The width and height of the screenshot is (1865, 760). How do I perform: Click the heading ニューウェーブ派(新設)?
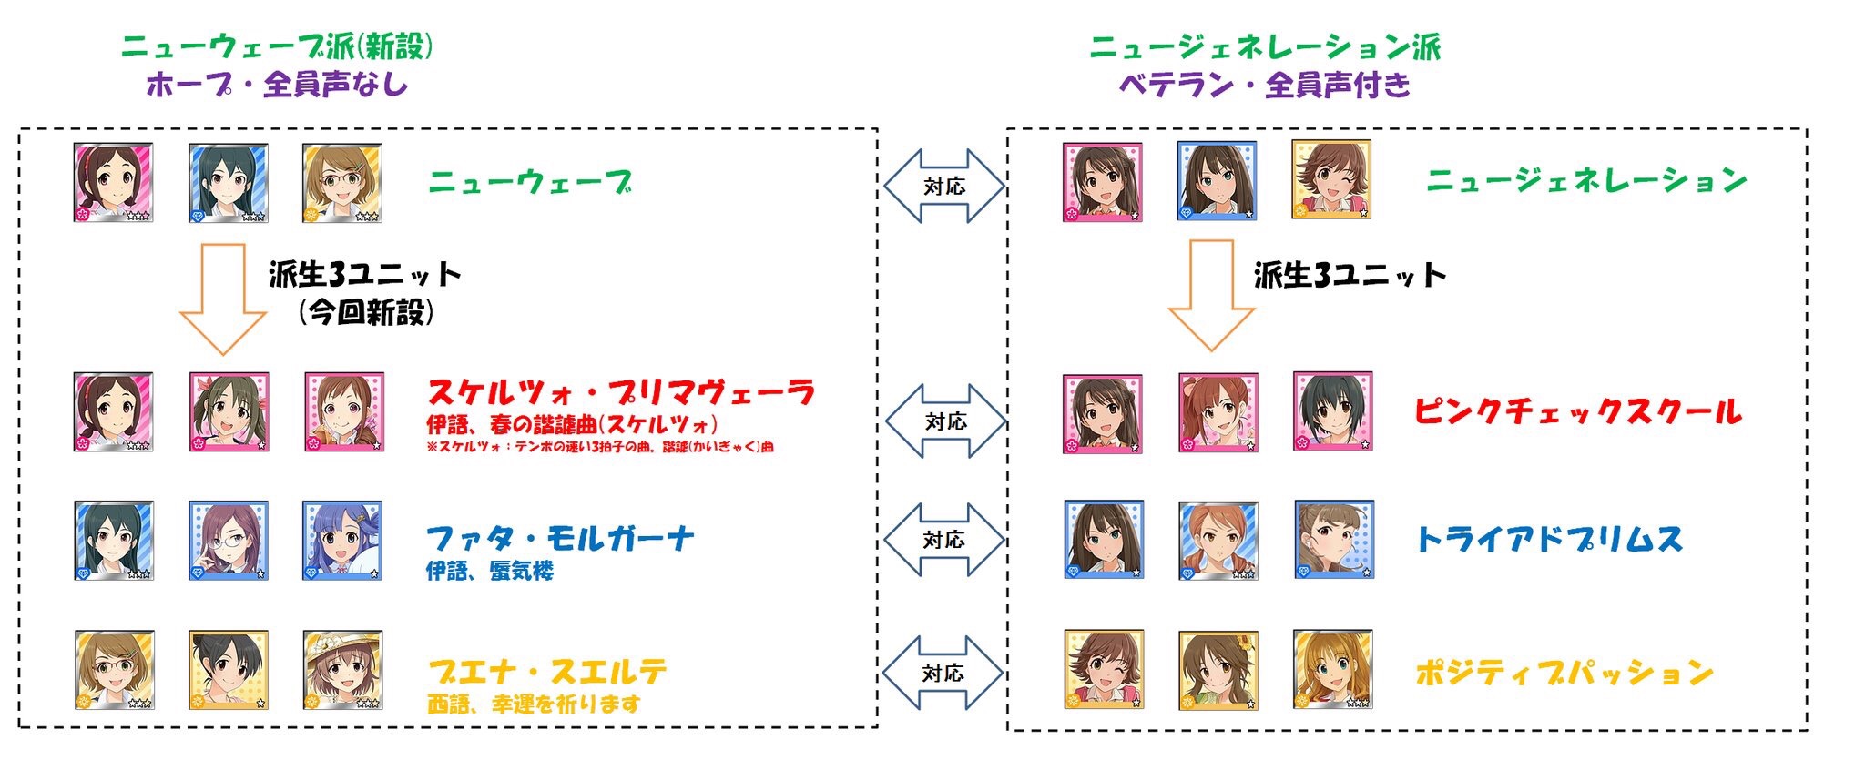277,46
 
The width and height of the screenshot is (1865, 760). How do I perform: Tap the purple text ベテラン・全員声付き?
1265,85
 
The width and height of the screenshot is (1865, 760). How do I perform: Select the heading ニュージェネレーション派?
1266,46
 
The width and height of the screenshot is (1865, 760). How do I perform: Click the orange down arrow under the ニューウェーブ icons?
223,299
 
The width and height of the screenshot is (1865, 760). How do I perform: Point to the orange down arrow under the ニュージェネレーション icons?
1211,296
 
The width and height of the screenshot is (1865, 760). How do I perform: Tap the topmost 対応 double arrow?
943,187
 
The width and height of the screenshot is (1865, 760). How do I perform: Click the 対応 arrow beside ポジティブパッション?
943,673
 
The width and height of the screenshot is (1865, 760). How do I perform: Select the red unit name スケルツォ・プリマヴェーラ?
621,393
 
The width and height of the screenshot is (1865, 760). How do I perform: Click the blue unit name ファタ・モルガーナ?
560,539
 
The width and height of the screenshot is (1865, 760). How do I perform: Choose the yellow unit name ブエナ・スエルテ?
547,673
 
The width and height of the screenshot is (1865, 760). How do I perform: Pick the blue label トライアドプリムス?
1549,540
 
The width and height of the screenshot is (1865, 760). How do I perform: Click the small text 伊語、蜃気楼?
490,571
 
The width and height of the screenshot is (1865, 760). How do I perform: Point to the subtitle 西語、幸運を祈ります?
534,704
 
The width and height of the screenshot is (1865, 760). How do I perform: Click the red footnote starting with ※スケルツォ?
600,447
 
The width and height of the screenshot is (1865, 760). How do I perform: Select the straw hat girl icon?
342,670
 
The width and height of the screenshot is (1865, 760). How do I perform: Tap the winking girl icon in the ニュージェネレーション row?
1331,179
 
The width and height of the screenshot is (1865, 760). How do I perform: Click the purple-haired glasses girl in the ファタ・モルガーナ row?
228,541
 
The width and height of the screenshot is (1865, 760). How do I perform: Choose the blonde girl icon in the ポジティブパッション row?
1332,669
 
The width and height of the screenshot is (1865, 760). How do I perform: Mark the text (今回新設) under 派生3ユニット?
366,313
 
